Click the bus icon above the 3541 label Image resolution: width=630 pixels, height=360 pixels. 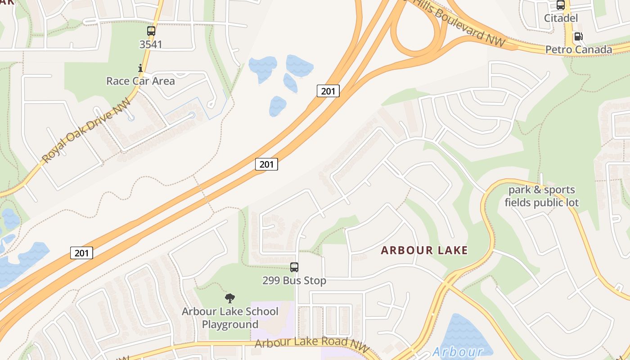pos(151,31)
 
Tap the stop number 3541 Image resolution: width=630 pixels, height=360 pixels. pos(151,44)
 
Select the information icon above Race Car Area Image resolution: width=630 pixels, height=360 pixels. pos(140,68)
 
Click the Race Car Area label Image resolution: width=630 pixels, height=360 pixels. pos(140,81)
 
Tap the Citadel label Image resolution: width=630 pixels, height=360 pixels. pos(561,18)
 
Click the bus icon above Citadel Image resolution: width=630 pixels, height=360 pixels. pos(561,5)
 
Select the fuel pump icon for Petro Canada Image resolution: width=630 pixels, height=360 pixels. pos(578,36)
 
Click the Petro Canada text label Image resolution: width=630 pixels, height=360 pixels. pos(579,49)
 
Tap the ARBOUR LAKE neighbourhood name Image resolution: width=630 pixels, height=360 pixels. pos(424,250)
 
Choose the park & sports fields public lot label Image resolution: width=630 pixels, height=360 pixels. pos(542,196)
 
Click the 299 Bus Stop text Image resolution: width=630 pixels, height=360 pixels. pos(294,280)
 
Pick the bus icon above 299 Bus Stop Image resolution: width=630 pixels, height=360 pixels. pos(294,267)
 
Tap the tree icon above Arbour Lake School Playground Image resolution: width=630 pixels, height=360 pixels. pos(230,298)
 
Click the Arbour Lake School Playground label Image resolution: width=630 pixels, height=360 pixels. pos(230,318)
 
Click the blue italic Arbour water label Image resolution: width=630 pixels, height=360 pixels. pos(457,351)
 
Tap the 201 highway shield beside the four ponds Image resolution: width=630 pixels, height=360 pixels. pos(328,91)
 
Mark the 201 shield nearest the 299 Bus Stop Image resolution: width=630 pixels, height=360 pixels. pos(266,164)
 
